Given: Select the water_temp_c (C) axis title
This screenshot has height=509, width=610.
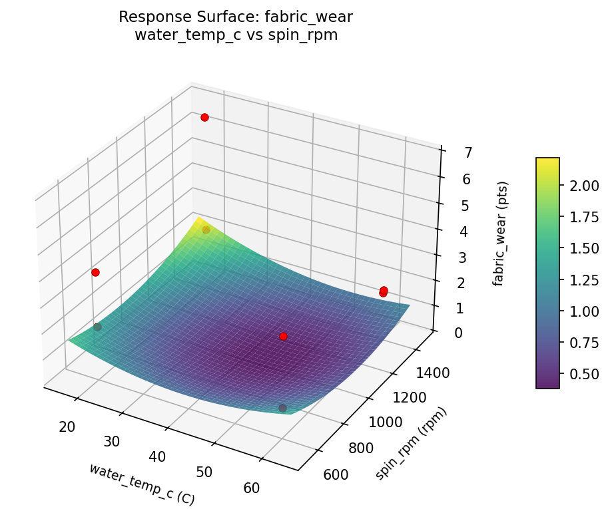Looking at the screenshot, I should pyautogui.click(x=142, y=482).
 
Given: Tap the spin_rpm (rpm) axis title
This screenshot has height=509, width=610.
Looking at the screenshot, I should pyautogui.click(x=411, y=443).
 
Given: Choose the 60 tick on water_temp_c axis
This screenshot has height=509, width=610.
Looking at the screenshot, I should pyautogui.click(x=252, y=488).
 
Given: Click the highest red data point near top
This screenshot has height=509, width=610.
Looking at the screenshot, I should pyautogui.click(x=204, y=117).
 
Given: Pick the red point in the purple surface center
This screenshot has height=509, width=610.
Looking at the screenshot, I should pyautogui.click(x=283, y=337).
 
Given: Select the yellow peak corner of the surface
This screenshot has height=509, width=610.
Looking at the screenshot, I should pyautogui.click(x=197, y=218).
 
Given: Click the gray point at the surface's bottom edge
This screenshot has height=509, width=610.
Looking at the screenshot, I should pyautogui.click(x=282, y=408).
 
